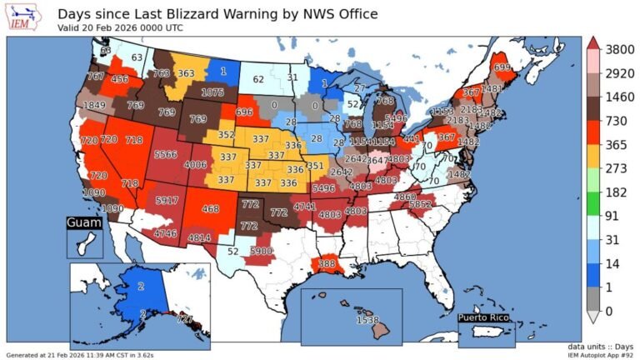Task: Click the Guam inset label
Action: pos(83,223)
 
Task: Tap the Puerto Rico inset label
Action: pos(487,317)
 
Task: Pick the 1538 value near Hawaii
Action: pos(367,320)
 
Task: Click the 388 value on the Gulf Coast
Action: pos(326,264)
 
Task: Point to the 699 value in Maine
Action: pos(502,67)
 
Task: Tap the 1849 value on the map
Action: pos(94,105)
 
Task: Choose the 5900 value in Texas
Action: pos(262,251)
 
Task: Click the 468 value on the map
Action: pos(210,209)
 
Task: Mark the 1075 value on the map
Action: pos(213,92)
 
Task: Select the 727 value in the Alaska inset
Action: pos(185,320)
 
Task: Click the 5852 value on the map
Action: pos(442,203)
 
